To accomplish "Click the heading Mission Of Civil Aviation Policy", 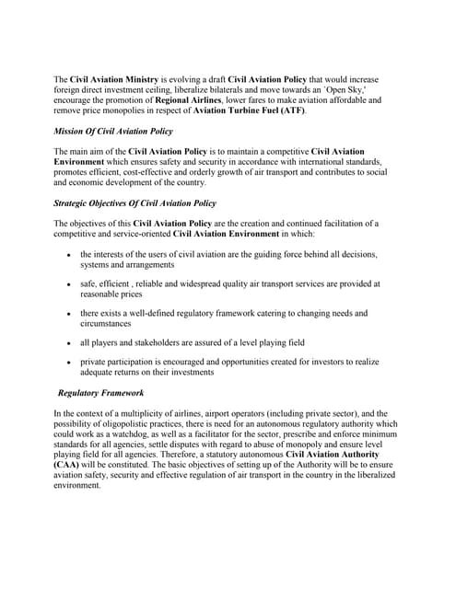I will (113, 132).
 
